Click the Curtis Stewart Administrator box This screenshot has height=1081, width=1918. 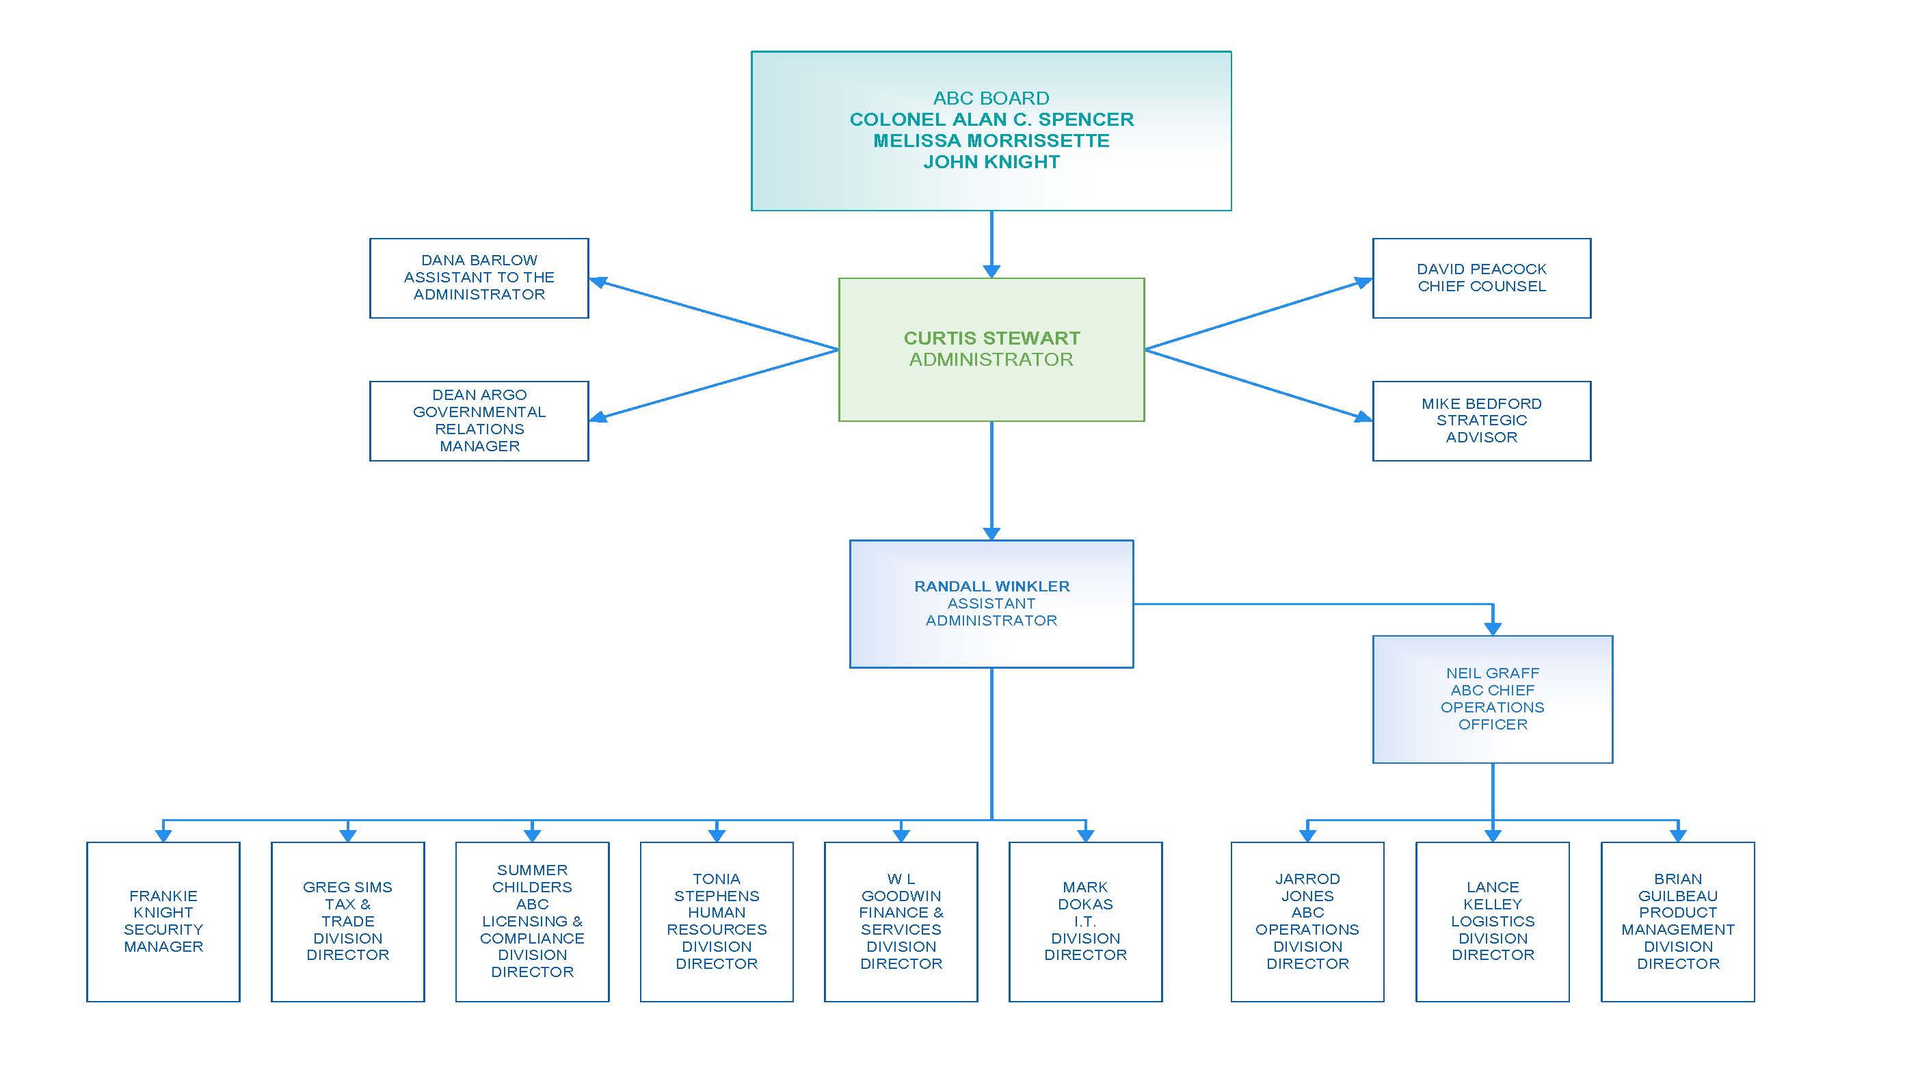click(991, 349)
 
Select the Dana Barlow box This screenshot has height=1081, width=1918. click(479, 278)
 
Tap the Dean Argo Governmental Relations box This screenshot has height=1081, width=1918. click(479, 421)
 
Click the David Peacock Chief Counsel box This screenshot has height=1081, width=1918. click(1481, 278)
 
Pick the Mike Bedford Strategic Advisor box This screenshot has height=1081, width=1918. click(1481, 421)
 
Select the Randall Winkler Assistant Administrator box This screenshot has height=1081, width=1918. click(991, 603)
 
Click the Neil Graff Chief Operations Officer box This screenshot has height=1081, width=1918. click(1492, 698)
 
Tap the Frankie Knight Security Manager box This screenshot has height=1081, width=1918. click(163, 921)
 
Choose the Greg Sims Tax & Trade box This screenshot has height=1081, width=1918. click(348, 921)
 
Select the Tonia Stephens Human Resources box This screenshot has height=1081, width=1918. click(717, 921)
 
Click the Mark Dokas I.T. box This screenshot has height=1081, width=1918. click(1085, 921)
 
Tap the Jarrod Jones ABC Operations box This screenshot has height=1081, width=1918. click(1307, 921)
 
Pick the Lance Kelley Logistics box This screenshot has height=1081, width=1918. click(1492, 921)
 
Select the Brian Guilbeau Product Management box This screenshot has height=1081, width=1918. click(1677, 921)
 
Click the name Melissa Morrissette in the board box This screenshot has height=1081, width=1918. click(991, 141)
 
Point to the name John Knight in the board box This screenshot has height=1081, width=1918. click(991, 161)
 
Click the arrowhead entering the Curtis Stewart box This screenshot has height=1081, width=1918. click(991, 271)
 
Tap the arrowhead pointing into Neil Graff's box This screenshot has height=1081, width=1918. click(1492, 628)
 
